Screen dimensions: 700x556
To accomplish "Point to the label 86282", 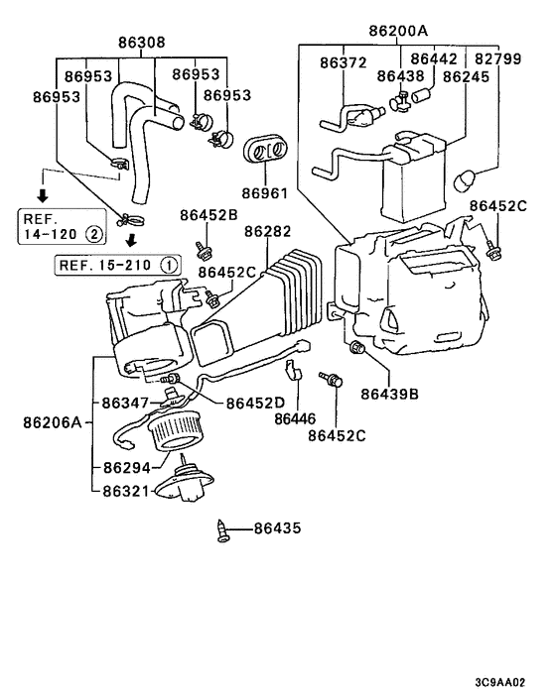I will coord(267,231).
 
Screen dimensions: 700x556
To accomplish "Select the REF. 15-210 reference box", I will coord(118,265).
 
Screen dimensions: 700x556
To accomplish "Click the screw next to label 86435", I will coord(223,531).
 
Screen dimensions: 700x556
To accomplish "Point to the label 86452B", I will coord(208,214).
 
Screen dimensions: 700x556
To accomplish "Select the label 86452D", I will coord(255,403).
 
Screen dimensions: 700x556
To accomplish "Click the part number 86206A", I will coord(52,421).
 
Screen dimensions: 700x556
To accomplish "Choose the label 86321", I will coord(126,490).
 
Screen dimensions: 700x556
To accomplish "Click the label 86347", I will coord(126,404).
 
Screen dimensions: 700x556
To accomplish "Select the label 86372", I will coord(344,62).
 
